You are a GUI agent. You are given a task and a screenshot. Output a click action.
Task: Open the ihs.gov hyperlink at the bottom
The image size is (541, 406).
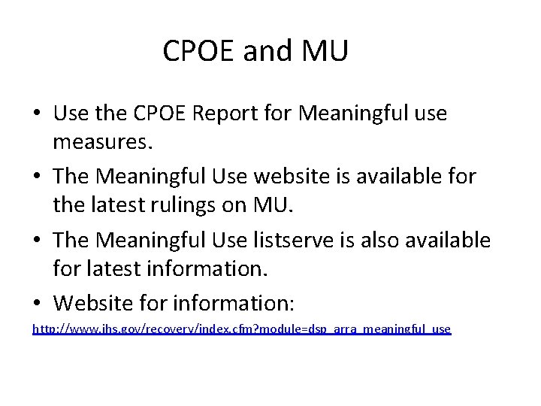[241, 329]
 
